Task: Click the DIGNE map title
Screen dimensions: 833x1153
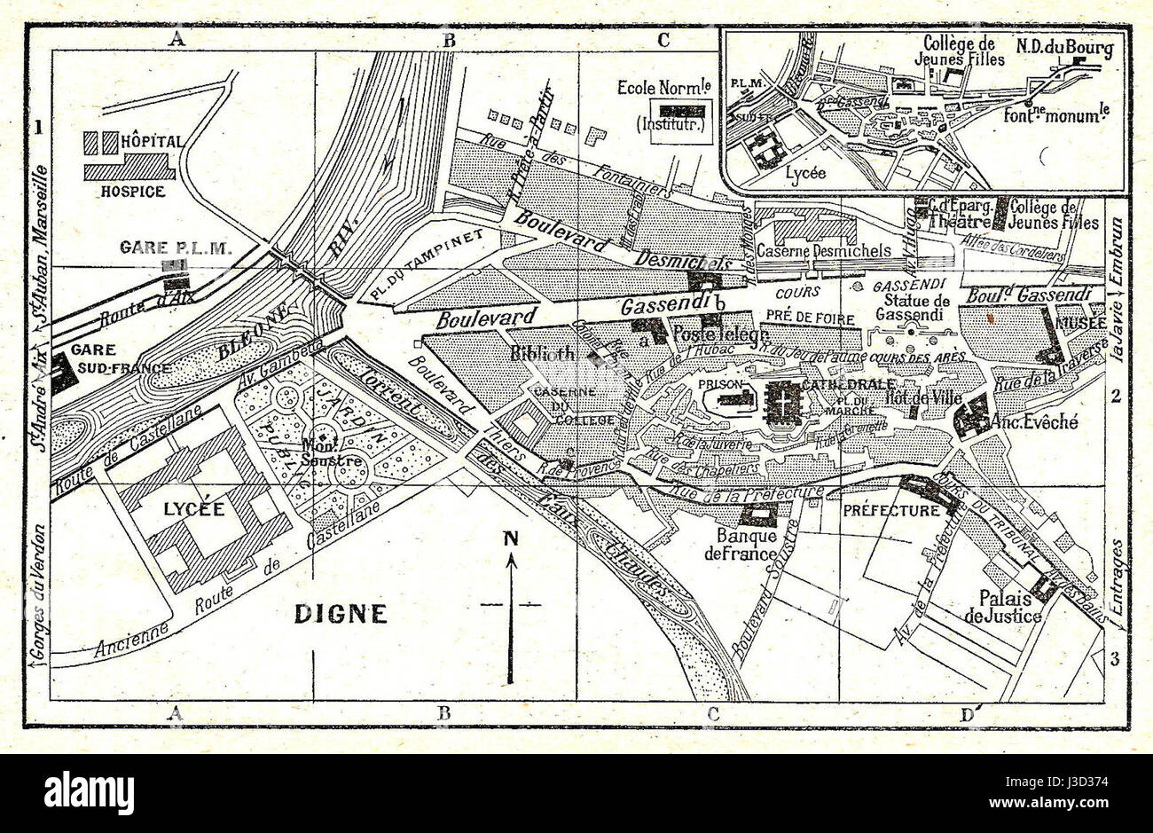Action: tap(341, 613)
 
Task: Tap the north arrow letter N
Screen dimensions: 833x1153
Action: tap(510, 538)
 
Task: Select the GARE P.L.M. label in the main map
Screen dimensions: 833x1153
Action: tap(176, 248)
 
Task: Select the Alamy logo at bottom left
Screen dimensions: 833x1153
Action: tap(89, 792)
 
